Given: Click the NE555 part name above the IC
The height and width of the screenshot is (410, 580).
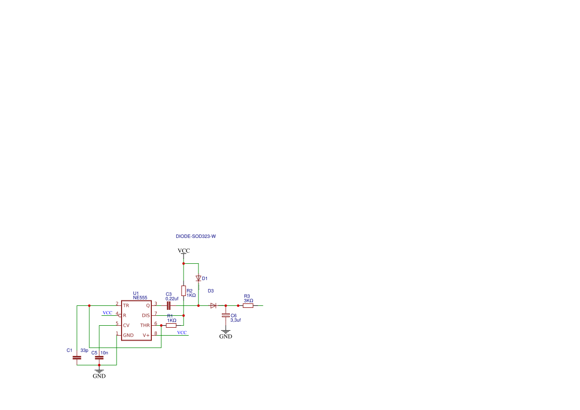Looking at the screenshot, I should point(140,297).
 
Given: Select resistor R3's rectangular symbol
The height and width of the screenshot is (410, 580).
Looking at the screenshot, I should point(248,306).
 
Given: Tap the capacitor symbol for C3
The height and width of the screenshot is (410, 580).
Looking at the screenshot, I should point(169,306).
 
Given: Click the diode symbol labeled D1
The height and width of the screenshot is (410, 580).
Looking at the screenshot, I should point(198,279).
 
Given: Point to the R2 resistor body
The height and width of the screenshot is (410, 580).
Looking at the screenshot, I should point(184,291).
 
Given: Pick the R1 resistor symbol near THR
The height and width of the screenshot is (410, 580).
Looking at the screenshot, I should point(171,326).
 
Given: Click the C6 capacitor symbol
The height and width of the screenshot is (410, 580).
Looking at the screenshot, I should point(226,315).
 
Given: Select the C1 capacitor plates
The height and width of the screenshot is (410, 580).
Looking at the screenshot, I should point(77,357).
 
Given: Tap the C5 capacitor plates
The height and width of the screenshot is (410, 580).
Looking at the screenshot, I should point(99,357).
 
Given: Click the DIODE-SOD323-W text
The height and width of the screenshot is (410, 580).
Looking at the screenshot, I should point(195,236).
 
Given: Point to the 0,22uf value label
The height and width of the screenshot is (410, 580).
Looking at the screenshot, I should point(172,298).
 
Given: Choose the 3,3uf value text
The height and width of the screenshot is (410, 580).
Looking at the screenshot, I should point(236,320).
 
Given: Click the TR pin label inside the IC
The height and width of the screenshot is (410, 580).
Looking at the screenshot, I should point(126,305).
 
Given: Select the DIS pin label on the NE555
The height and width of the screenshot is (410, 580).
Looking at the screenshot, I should point(146,315).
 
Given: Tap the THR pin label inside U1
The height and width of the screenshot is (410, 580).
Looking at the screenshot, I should point(145,325).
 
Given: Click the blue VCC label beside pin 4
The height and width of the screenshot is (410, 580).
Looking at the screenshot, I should point(107,313).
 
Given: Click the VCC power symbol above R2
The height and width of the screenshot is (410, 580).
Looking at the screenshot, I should point(184,251).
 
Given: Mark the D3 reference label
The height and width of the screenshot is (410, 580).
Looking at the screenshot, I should point(210,291).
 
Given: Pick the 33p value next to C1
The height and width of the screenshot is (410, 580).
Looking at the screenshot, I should point(84,351).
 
